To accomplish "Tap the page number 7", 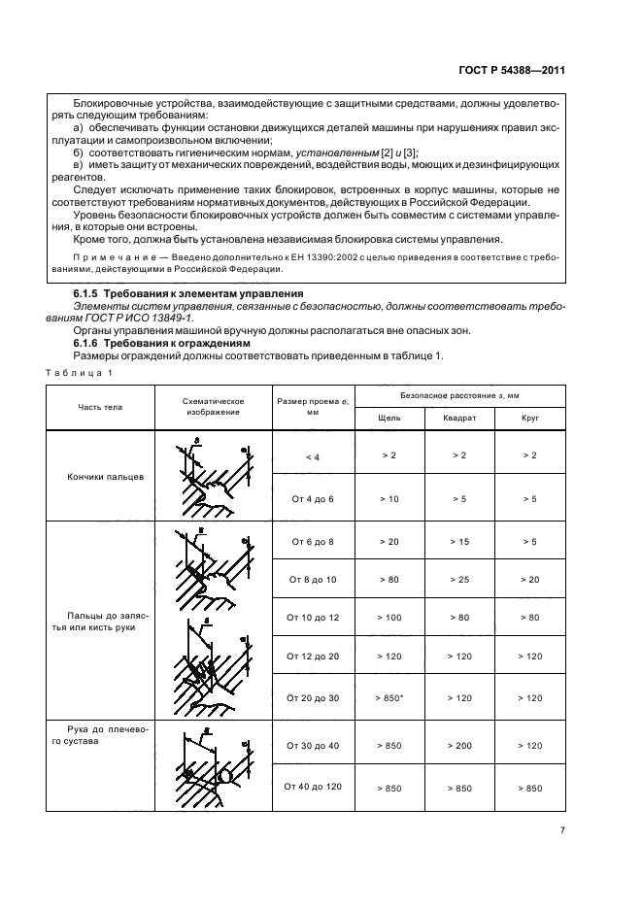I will point(562,830).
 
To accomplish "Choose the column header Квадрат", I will point(459,418).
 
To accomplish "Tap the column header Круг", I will point(530,418).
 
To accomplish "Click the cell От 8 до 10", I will point(312,579).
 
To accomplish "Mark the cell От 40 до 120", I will point(312,788).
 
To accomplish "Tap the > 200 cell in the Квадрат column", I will point(459,745).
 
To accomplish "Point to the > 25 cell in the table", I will point(459,579).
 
